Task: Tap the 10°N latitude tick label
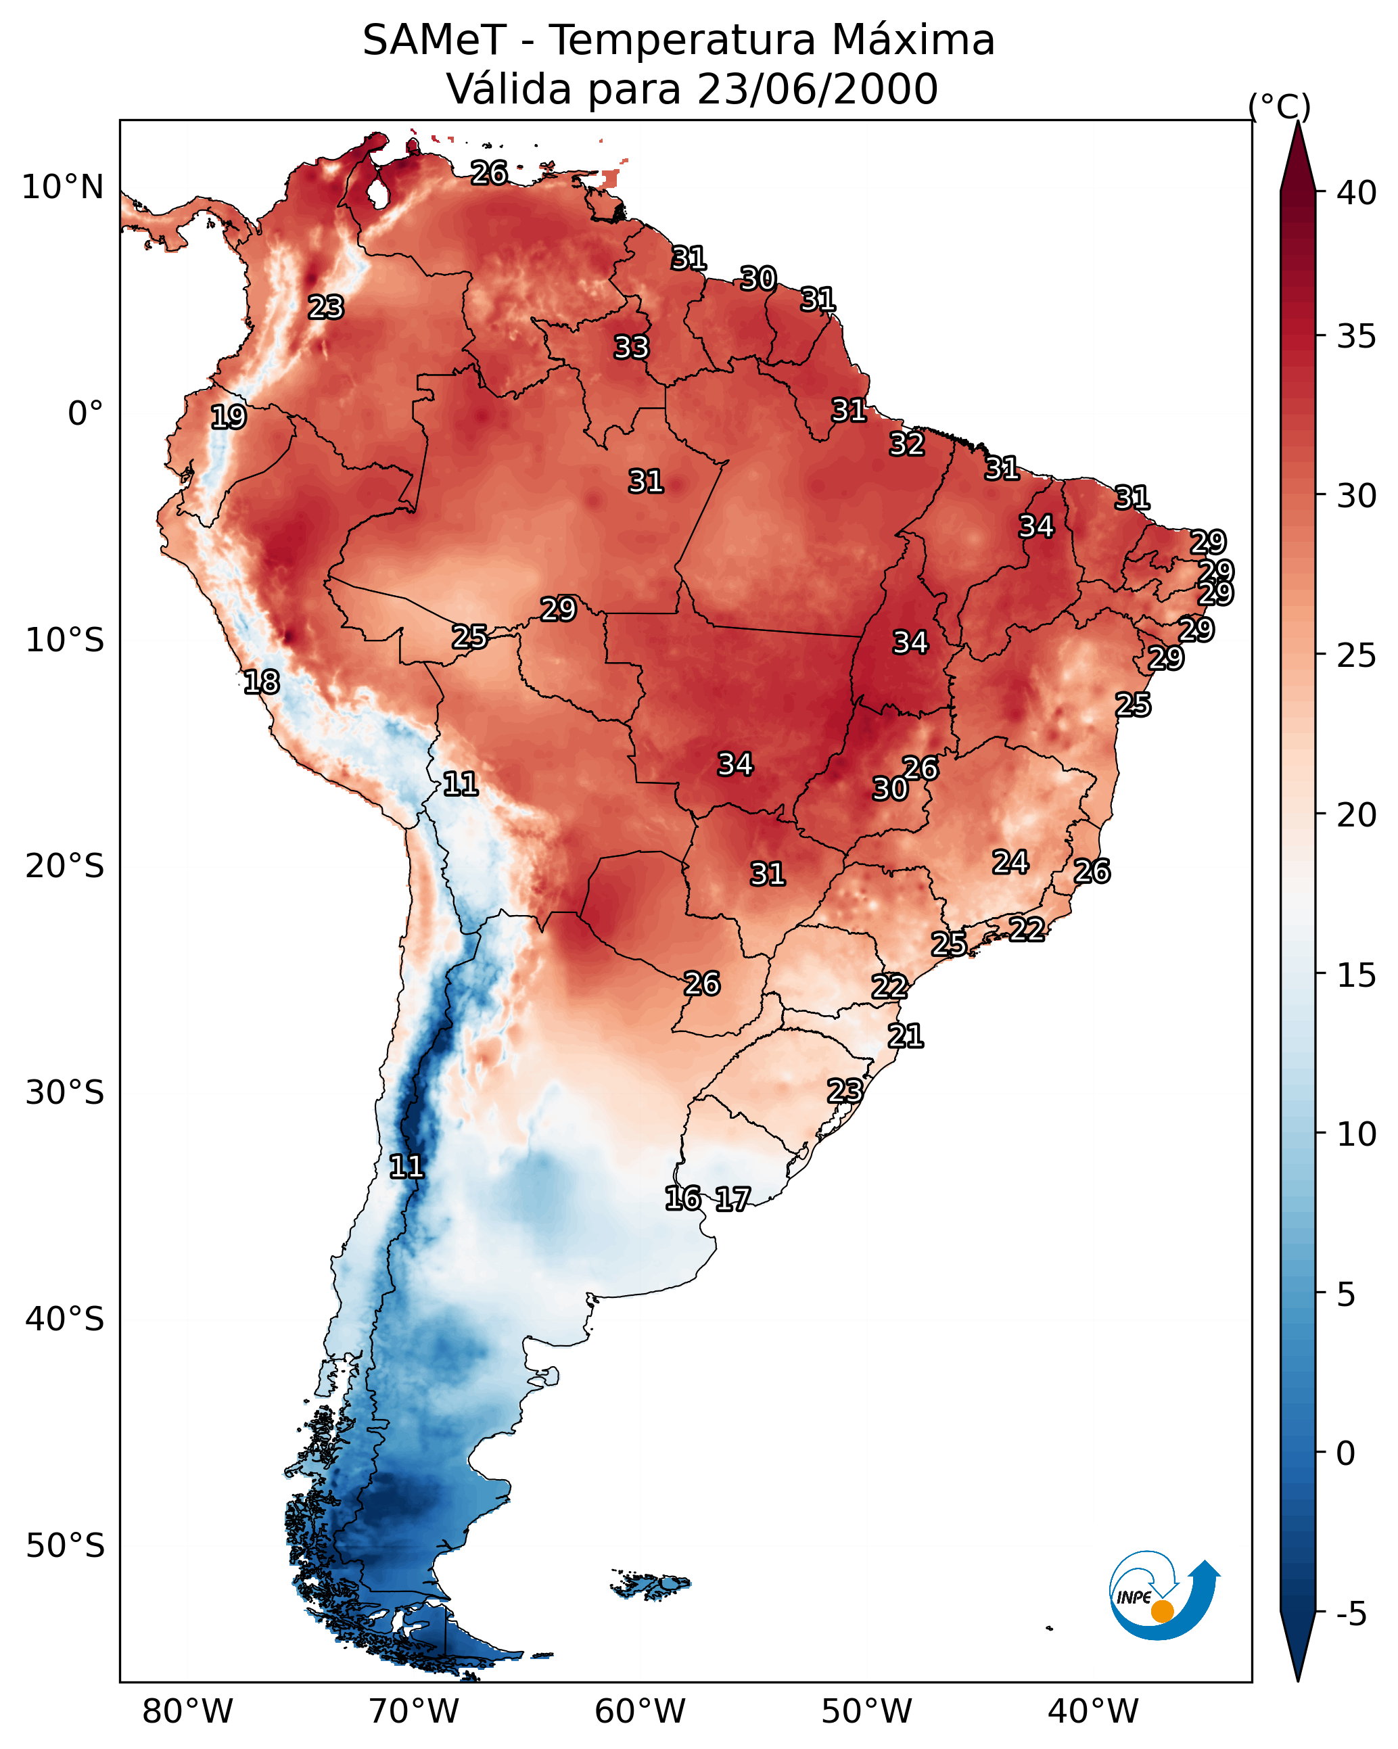pyautogui.click(x=62, y=187)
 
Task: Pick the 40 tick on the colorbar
pyautogui.click(x=1357, y=193)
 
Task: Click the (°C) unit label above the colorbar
pyautogui.click(x=1279, y=106)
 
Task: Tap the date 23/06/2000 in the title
pyautogui.click(x=817, y=89)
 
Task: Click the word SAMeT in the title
pyautogui.click(x=434, y=41)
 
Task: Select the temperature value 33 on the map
pyautogui.click(x=631, y=347)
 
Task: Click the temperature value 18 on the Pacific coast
pyautogui.click(x=261, y=682)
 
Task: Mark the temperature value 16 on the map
pyautogui.click(x=682, y=1198)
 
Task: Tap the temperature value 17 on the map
pyautogui.click(x=732, y=1199)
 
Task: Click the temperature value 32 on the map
pyautogui.click(x=906, y=444)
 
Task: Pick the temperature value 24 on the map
pyautogui.click(x=1010, y=862)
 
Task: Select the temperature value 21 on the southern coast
pyautogui.click(x=906, y=1036)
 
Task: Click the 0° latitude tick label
pyautogui.click(x=85, y=414)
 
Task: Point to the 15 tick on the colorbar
pyautogui.click(x=1357, y=975)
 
